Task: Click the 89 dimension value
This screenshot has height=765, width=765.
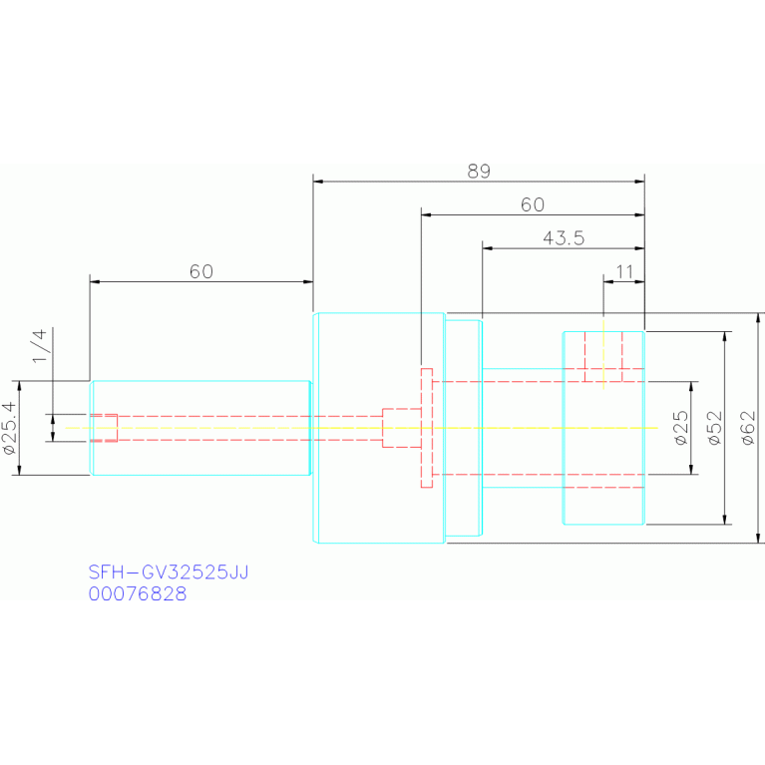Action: [x=479, y=172]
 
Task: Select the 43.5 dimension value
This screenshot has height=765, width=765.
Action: [x=564, y=238]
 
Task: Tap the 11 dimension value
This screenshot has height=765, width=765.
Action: [x=625, y=271]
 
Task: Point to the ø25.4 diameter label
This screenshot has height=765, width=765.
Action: [x=10, y=428]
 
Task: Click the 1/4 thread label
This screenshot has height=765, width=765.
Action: [x=40, y=345]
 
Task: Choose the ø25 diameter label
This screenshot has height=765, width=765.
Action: [x=681, y=428]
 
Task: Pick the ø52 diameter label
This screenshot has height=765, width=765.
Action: [x=715, y=428]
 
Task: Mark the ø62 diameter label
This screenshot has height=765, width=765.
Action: [x=748, y=428]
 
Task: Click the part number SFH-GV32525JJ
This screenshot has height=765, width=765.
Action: [x=169, y=572]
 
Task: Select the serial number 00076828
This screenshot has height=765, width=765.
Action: [x=138, y=593]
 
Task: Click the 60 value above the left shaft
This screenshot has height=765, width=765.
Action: [x=201, y=271]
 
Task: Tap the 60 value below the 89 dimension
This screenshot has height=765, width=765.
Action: [x=533, y=204]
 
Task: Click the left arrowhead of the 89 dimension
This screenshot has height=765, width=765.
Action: [x=318, y=182]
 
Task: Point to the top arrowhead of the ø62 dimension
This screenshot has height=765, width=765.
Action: [x=758, y=318]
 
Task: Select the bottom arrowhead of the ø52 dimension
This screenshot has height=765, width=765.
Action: [x=724, y=520]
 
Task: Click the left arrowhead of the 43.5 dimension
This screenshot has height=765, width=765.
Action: [x=488, y=248]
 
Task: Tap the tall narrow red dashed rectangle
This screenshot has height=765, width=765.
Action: [x=427, y=428]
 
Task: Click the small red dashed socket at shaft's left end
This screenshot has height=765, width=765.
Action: [x=104, y=428]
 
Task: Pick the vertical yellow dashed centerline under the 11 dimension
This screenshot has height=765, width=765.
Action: [x=603, y=355]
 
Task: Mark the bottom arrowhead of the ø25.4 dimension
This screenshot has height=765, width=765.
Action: [x=20, y=470]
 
